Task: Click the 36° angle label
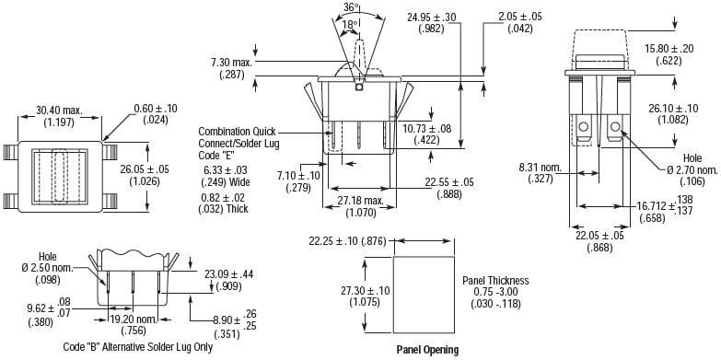tap(352, 7)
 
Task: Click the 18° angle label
tap(350, 24)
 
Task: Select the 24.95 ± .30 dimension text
tap(431, 17)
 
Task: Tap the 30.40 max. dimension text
tap(59, 110)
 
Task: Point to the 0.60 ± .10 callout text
tap(156, 109)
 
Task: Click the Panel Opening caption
tap(427, 350)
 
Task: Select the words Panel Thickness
tap(495, 281)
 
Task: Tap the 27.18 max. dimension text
tap(361, 201)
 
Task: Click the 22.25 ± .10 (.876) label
tap(348, 241)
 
